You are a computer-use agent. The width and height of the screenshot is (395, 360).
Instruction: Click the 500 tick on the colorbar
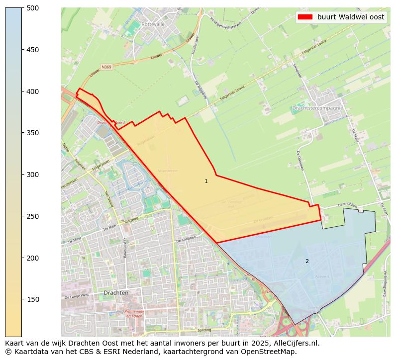33,8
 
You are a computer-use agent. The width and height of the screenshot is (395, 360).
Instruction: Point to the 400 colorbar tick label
33,91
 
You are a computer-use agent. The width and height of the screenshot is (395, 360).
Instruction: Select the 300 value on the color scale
33,175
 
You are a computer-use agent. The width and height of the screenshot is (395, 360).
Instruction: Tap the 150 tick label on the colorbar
33,299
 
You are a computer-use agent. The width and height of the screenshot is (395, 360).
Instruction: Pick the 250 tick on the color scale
33,216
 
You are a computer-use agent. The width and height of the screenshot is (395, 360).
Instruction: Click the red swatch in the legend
305,17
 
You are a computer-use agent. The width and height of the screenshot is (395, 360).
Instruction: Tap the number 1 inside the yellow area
206,181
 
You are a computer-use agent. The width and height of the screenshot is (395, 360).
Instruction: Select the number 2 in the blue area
307,261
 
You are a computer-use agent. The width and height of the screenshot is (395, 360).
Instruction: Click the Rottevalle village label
153,24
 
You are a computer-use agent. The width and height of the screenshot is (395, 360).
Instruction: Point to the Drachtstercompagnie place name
318,108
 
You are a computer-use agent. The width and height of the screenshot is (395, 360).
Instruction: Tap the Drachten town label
116,293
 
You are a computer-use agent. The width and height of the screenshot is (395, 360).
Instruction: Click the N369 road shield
106,67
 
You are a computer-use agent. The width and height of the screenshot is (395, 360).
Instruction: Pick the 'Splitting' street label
204,330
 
